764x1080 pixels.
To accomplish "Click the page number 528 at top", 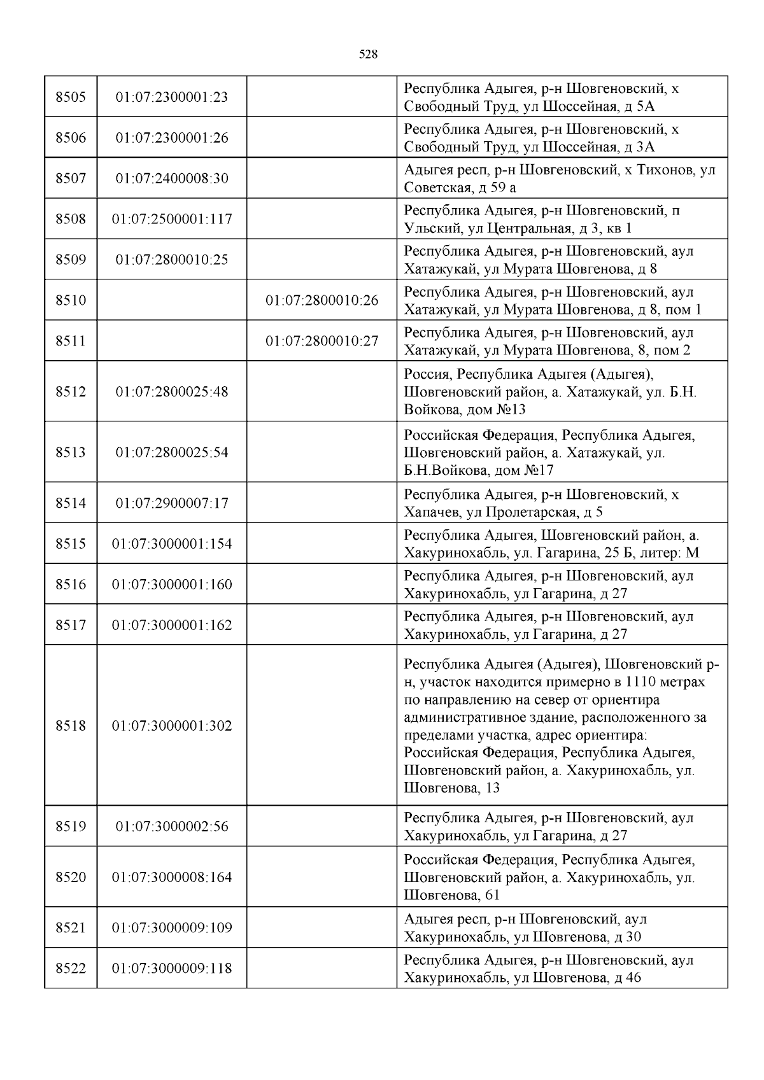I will click(x=368, y=55).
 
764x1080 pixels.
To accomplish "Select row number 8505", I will click(x=70, y=97).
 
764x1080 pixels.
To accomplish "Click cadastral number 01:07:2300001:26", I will click(x=172, y=138).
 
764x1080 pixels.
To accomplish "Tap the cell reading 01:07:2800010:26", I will click(x=322, y=300).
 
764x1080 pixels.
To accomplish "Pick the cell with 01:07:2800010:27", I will click(x=322, y=341).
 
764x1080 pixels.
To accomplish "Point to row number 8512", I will click(x=70, y=391).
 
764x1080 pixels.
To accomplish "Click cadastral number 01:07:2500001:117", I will click(x=172, y=219).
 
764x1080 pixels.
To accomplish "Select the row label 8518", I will click(x=70, y=726).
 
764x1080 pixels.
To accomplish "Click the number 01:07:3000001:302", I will click(x=172, y=726).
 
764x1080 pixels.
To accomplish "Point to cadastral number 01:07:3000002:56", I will click(x=172, y=827).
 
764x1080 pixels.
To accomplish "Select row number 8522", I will click(x=70, y=969).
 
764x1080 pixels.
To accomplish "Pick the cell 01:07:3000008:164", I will click(x=172, y=878).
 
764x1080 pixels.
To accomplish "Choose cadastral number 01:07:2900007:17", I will click(x=172, y=503).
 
